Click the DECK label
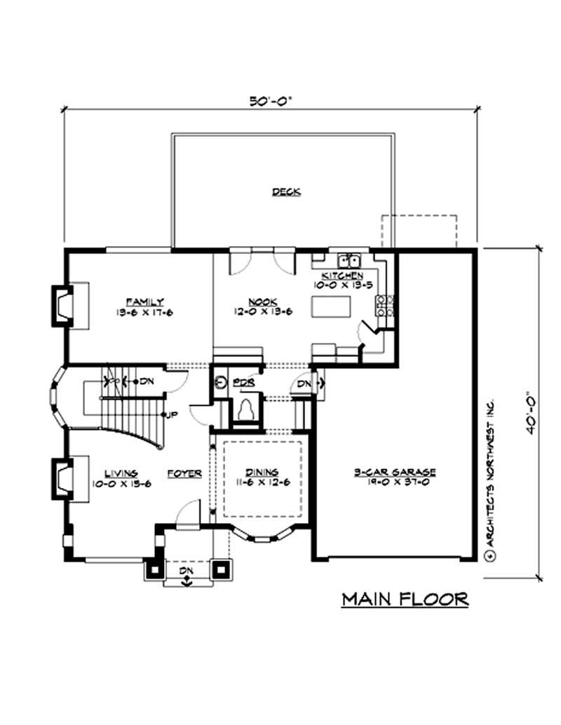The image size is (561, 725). coord(287,191)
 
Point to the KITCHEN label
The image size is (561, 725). coord(342,276)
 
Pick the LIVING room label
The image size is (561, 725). coord(121,474)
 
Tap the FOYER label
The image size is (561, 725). coord(184,474)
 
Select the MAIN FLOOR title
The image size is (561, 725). coord(405,599)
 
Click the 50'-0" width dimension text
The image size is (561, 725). coord(270,100)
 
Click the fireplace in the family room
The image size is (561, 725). coord(64,306)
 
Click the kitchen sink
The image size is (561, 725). coord(349,257)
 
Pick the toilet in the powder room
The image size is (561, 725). coord(247,409)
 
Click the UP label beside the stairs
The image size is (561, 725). coord(171,415)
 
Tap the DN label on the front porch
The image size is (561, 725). coord(187,571)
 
